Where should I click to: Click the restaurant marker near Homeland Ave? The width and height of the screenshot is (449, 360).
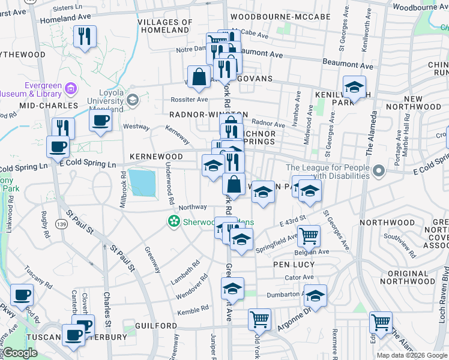85,36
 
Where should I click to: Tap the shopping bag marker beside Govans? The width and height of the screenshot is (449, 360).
199,77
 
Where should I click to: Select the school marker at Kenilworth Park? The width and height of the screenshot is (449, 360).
354,86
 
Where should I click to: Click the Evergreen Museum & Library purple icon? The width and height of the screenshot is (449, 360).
71,89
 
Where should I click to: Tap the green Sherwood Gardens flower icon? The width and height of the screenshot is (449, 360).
174,222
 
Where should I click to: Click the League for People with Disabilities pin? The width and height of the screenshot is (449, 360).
378,172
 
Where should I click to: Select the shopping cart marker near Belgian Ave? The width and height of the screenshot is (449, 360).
309,236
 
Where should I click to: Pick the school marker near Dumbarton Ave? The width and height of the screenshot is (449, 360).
315,295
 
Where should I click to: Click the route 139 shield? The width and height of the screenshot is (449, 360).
62,223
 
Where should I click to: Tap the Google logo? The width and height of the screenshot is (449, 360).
20,353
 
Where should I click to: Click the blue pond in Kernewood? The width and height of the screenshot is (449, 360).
142,182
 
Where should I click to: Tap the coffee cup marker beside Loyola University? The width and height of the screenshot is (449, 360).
100,119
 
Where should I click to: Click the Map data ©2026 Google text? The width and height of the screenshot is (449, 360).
412,355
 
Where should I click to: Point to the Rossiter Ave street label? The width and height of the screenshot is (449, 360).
191,100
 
